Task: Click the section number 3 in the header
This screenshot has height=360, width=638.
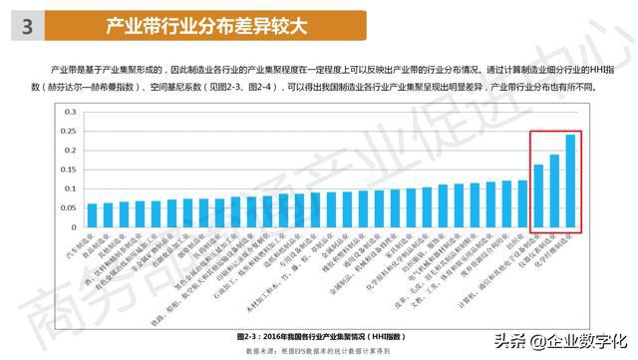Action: point(27,28)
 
